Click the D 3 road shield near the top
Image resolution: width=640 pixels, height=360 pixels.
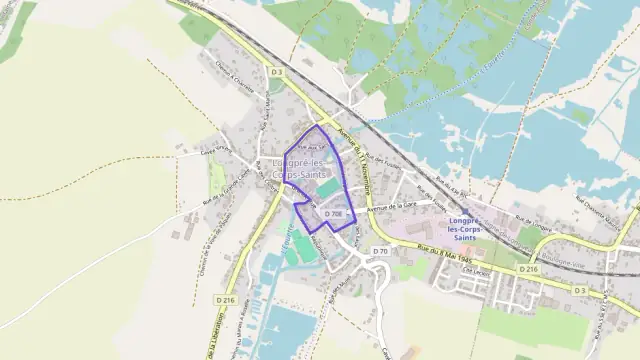277,71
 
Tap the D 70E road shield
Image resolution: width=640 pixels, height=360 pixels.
334,213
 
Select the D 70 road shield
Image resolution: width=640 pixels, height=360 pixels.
380,250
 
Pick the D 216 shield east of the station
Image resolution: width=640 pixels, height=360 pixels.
529,269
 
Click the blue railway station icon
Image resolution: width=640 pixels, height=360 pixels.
465,212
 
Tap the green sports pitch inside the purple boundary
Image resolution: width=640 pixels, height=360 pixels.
328,188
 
